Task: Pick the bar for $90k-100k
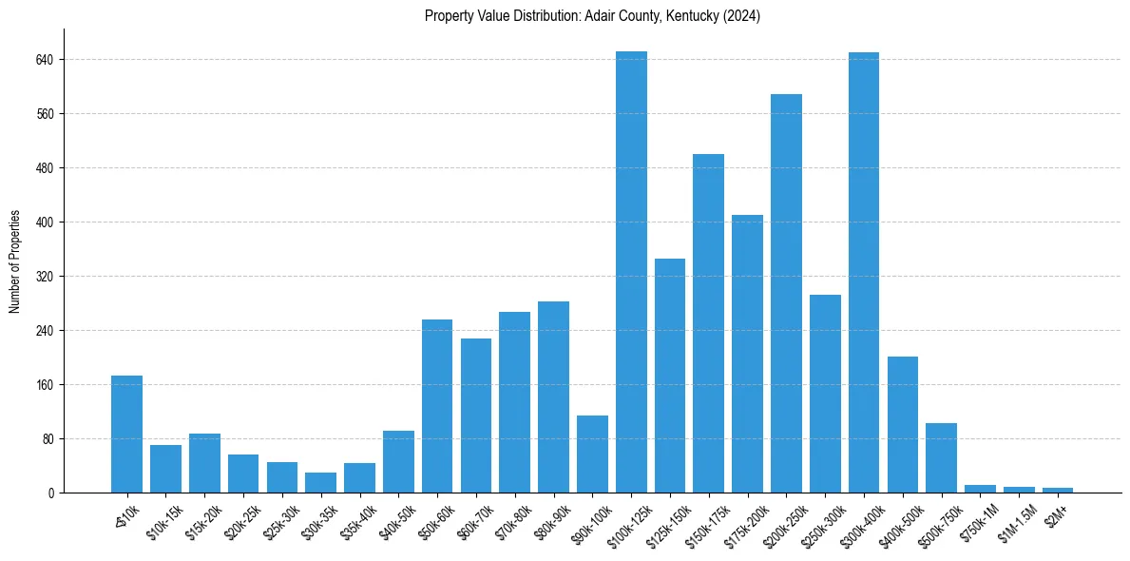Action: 592,455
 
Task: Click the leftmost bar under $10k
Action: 126,435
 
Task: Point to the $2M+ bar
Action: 1058,490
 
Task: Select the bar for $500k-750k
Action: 941,458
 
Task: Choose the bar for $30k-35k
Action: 320,483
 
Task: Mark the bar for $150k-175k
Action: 708,323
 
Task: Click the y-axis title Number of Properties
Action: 15,261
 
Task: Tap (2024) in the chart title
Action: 741,16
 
